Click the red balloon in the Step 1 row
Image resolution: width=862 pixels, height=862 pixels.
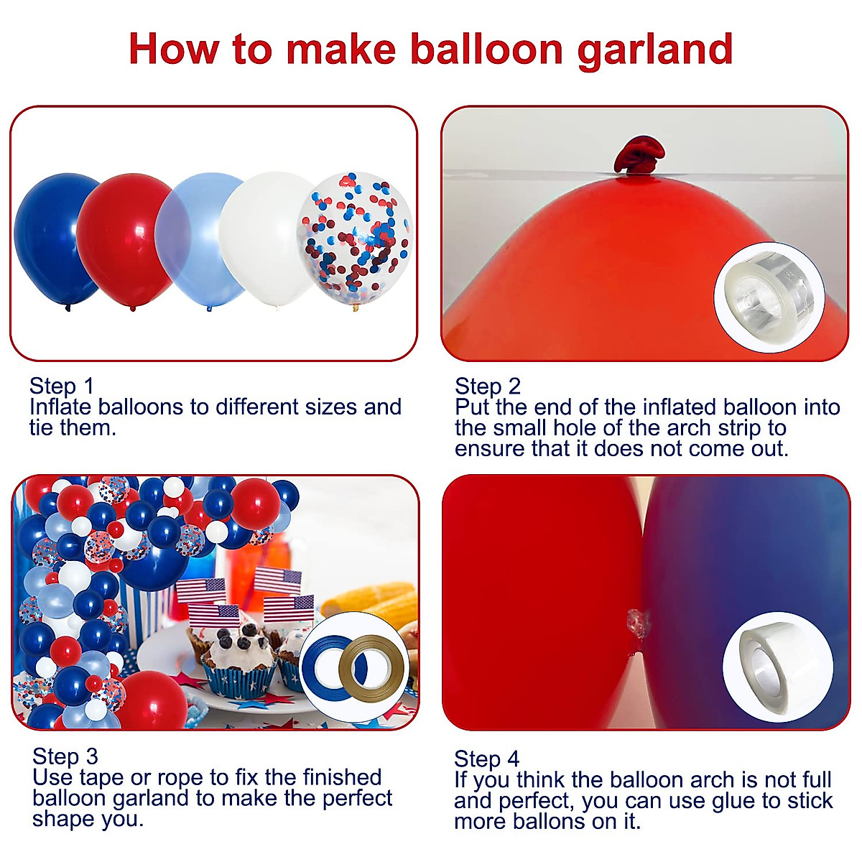tap(122, 237)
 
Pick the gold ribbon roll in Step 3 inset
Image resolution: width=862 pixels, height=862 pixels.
tap(370, 666)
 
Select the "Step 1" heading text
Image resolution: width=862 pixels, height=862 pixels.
tap(62, 386)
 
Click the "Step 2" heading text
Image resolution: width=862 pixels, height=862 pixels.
tap(488, 386)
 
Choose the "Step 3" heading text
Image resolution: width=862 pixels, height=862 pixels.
tap(65, 756)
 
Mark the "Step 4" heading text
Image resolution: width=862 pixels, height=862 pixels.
tap(486, 759)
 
